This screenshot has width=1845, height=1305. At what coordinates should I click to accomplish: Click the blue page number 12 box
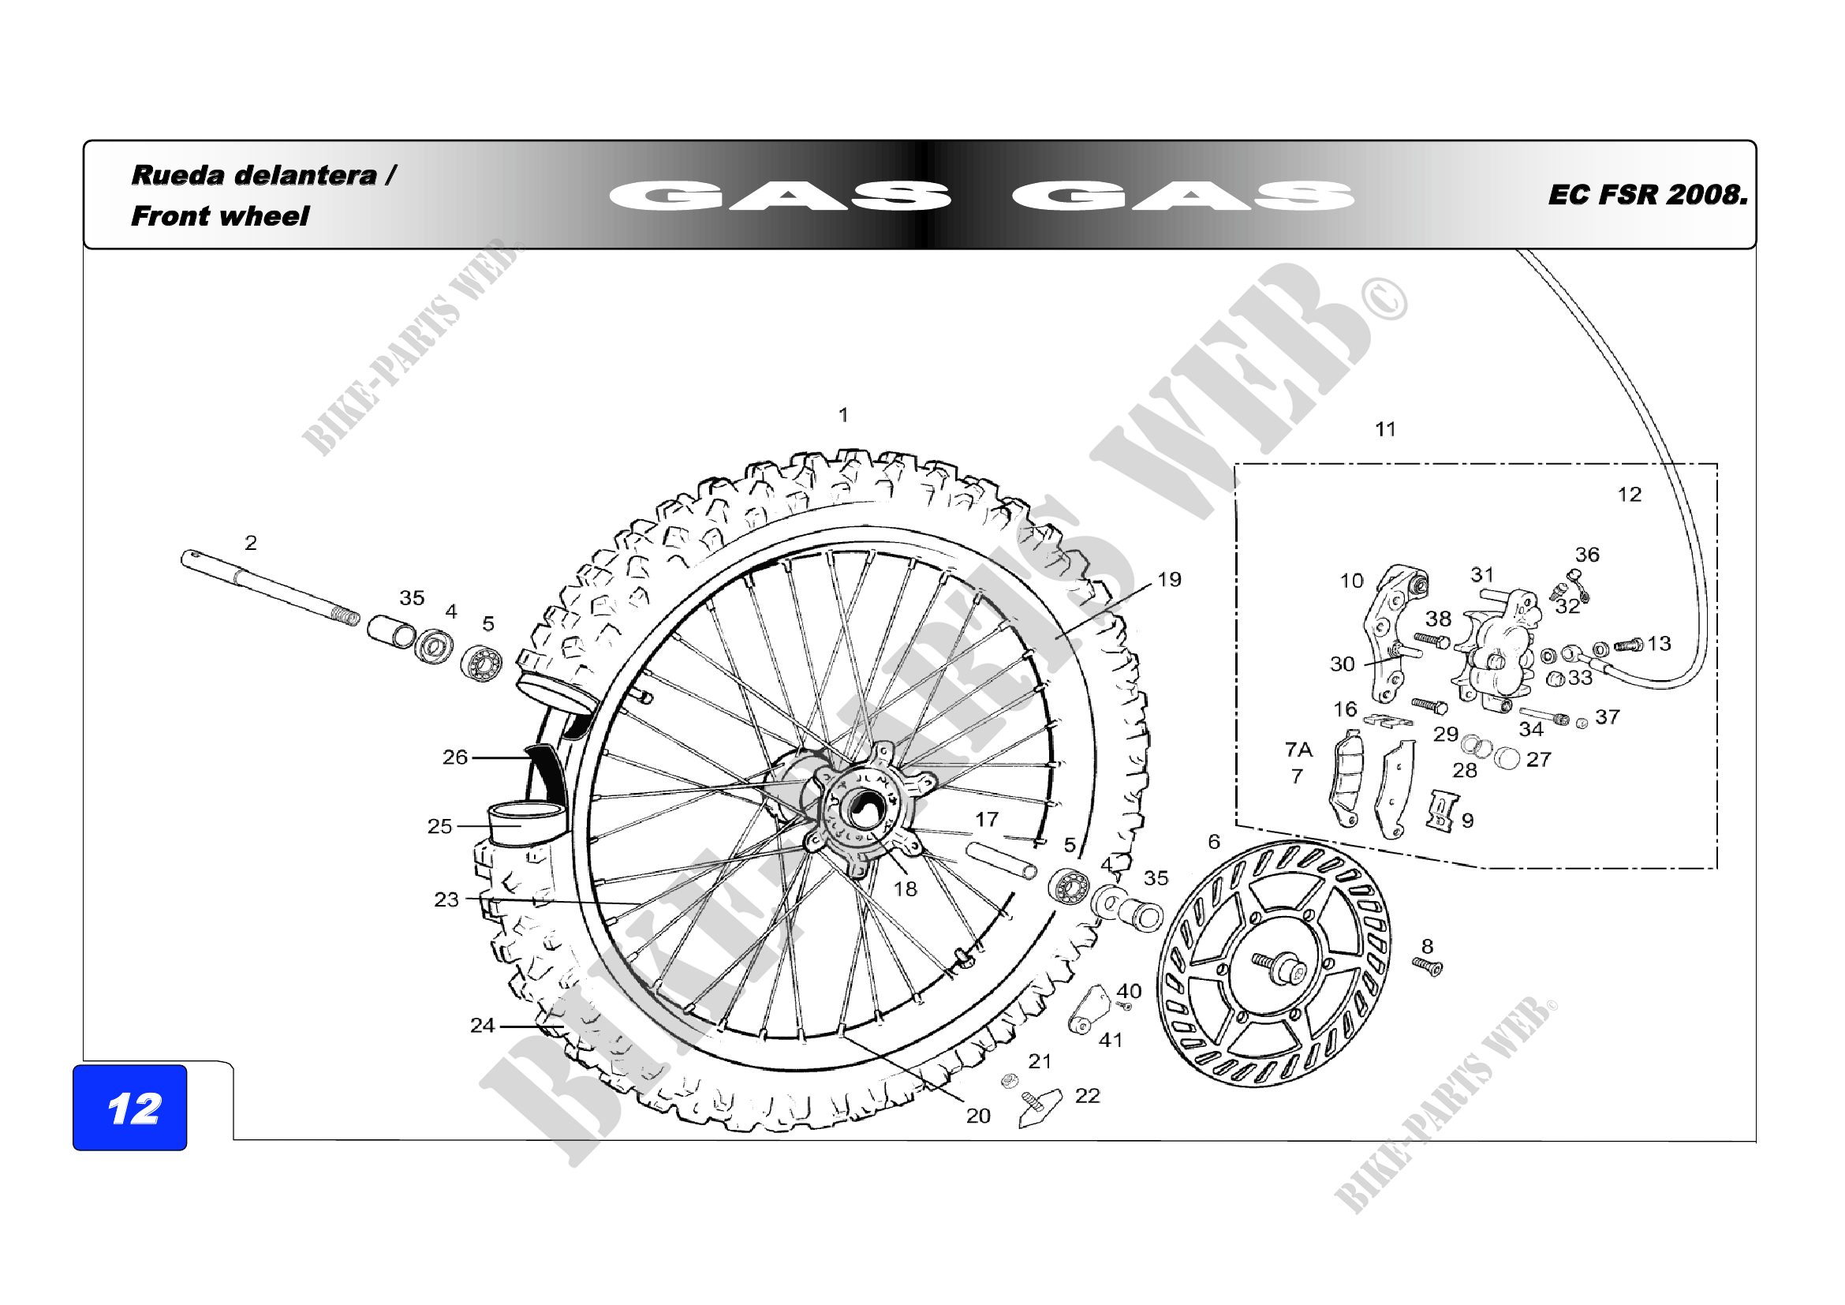129,1107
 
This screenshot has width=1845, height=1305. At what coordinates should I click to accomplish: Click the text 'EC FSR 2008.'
1647,195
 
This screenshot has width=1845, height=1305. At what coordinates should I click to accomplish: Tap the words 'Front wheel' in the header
219,216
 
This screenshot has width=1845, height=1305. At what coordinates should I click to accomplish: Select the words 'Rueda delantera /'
263,175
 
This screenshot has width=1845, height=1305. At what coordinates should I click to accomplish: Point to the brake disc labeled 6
1275,963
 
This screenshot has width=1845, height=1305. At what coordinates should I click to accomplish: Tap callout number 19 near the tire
1169,579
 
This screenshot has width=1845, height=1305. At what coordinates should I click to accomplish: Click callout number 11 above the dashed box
1385,429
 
